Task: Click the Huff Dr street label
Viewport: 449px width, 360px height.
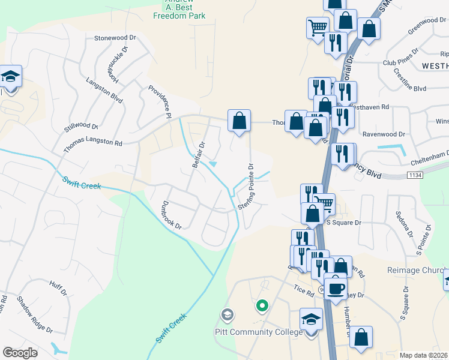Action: [58, 289]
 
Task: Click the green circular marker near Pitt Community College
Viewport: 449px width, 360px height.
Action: [262, 307]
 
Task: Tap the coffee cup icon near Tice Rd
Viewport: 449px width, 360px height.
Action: [335, 288]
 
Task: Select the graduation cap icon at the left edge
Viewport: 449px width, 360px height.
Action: [10, 76]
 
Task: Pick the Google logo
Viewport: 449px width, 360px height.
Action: [20, 353]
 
